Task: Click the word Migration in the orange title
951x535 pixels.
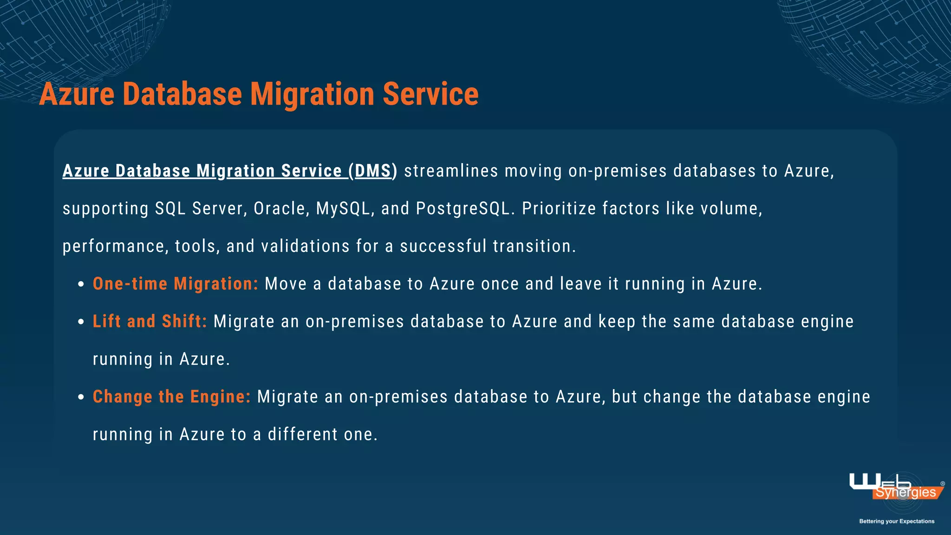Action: coord(312,94)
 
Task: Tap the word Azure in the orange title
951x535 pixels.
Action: coord(77,94)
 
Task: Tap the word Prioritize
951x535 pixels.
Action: coord(559,209)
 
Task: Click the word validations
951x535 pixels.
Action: coord(305,246)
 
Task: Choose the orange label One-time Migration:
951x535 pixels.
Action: coord(175,284)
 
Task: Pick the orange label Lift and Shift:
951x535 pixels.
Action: coord(150,321)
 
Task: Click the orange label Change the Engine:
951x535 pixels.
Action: coord(171,397)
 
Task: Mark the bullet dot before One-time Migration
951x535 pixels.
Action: coord(81,284)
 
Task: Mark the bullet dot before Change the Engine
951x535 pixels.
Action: coord(81,397)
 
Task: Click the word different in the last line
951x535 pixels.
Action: coord(303,434)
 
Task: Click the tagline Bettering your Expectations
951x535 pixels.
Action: coord(896,521)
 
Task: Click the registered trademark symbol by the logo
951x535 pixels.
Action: coord(942,483)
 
